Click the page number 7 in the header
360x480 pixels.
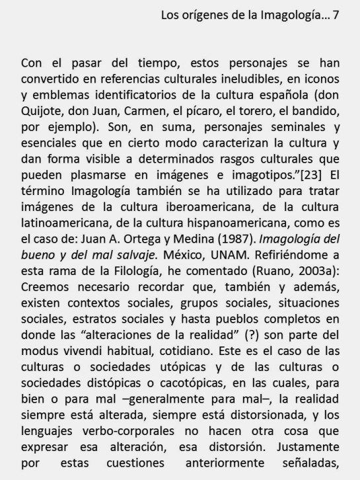click(x=336, y=15)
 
